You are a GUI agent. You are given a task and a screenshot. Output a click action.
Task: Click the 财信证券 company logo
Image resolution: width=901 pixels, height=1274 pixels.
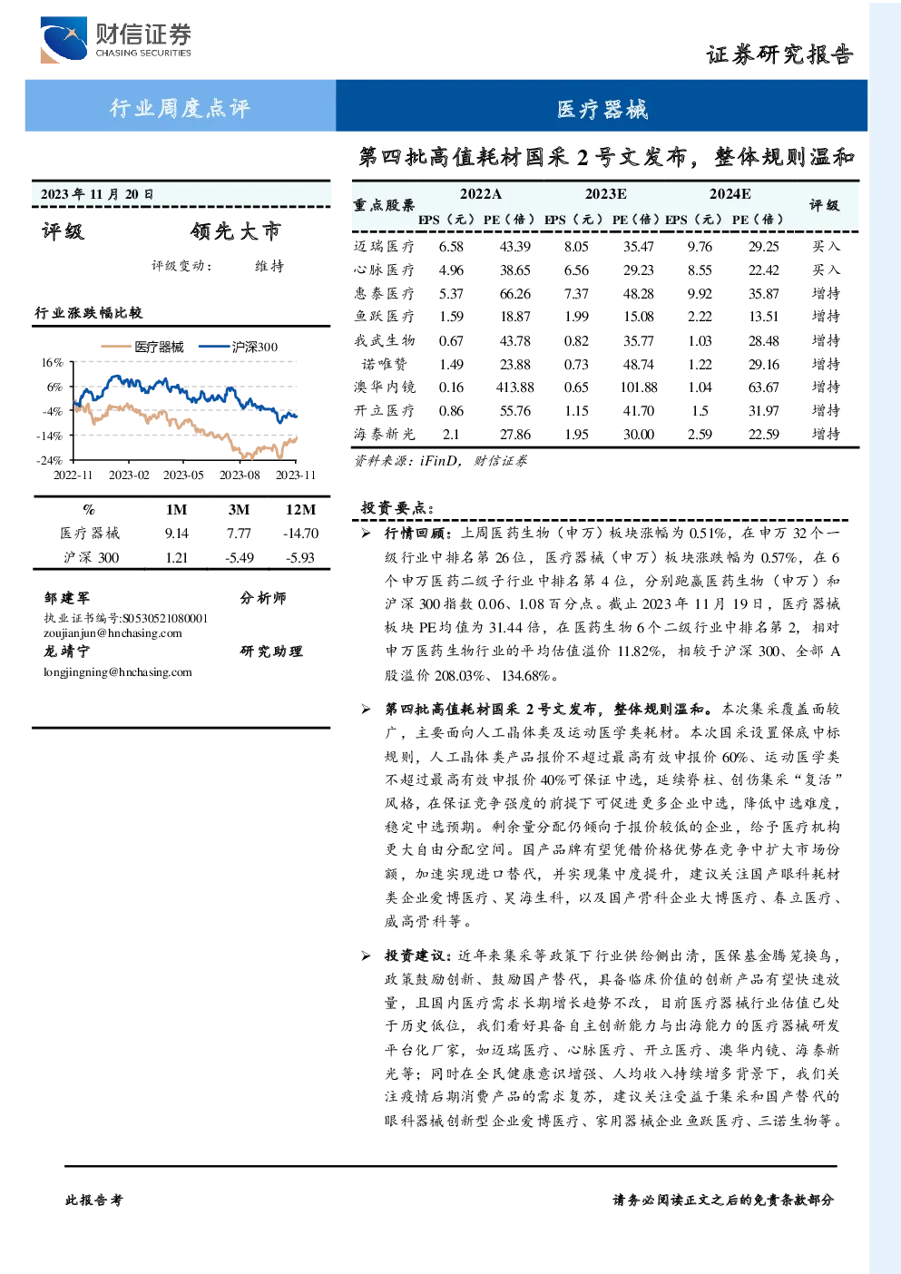pyautogui.click(x=116, y=39)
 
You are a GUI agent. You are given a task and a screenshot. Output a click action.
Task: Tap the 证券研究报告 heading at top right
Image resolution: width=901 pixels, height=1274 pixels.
pyautogui.click(x=779, y=54)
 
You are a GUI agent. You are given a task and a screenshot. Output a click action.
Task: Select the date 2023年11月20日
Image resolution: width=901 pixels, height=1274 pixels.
pyautogui.click(x=97, y=194)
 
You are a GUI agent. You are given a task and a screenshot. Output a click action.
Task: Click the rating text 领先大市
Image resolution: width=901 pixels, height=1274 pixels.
pyautogui.click(x=236, y=231)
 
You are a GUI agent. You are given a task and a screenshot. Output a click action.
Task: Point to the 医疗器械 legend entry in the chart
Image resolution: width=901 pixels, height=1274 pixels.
pyautogui.click(x=142, y=347)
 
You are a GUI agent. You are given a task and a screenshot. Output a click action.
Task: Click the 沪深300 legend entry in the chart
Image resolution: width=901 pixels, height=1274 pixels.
pyautogui.click(x=239, y=347)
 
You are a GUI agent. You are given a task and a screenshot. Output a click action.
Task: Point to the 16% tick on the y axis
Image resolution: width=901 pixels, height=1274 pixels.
pyautogui.click(x=52, y=362)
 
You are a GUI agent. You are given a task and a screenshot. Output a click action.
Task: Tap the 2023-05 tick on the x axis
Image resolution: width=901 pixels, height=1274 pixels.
pyautogui.click(x=183, y=475)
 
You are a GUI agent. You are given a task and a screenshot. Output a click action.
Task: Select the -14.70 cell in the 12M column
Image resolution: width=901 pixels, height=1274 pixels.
pyautogui.click(x=300, y=533)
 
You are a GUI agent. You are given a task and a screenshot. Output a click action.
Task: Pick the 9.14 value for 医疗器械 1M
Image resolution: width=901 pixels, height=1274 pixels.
pyautogui.click(x=176, y=533)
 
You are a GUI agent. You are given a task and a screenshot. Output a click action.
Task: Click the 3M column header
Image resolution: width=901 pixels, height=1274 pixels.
pyautogui.click(x=239, y=510)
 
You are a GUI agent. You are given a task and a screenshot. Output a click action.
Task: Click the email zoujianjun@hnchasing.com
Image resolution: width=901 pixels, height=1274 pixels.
pyautogui.click(x=113, y=633)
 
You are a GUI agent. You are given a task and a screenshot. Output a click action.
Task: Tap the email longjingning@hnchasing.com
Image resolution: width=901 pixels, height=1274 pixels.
pyautogui.click(x=118, y=671)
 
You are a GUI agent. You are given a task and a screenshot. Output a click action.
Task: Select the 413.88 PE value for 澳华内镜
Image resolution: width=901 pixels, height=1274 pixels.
pyautogui.click(x=514, y=387)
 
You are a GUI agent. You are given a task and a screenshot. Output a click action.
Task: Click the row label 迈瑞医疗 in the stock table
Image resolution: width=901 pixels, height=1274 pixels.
pyautogui.click(x=384, y=246)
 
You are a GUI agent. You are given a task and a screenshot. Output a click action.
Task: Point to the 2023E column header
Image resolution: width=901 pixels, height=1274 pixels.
pyautogui.click(x=606, y=194)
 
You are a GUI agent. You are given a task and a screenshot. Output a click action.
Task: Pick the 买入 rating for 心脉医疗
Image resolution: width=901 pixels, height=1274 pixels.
pyautogui.click(x=826, y=269)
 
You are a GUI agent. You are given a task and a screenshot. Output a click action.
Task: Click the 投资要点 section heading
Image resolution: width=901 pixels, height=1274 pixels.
pyautogui.click(x=397, y=507)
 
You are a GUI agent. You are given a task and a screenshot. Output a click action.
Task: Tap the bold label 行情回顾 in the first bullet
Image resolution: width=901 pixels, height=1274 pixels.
pyautogui.click(x=418, y=533)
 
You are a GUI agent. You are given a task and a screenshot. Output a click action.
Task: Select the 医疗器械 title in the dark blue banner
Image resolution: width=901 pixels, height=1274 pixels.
pyautogui.click(x=602, y=109)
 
